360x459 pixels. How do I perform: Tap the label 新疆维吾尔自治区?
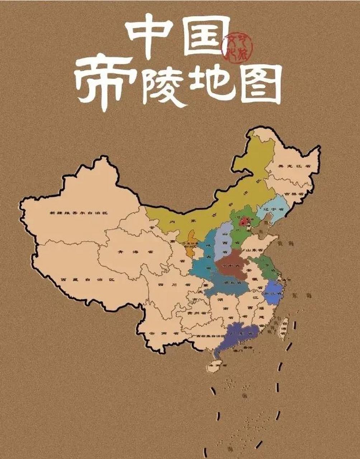[79, 213]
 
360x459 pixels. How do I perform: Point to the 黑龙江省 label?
[294, 166]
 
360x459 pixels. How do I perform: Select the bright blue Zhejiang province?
[274, 292]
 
